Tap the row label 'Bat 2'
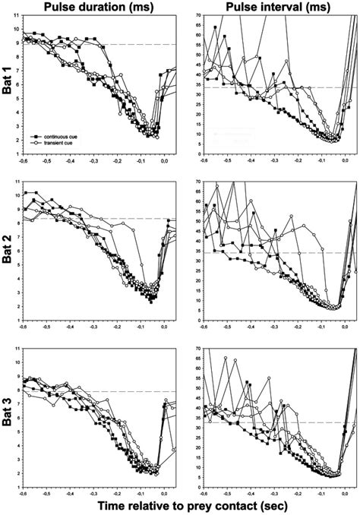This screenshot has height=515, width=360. coord(8,247)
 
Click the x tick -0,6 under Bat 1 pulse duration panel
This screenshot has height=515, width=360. coord(25,162)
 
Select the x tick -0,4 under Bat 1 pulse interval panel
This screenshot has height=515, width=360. coord(251,162)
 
